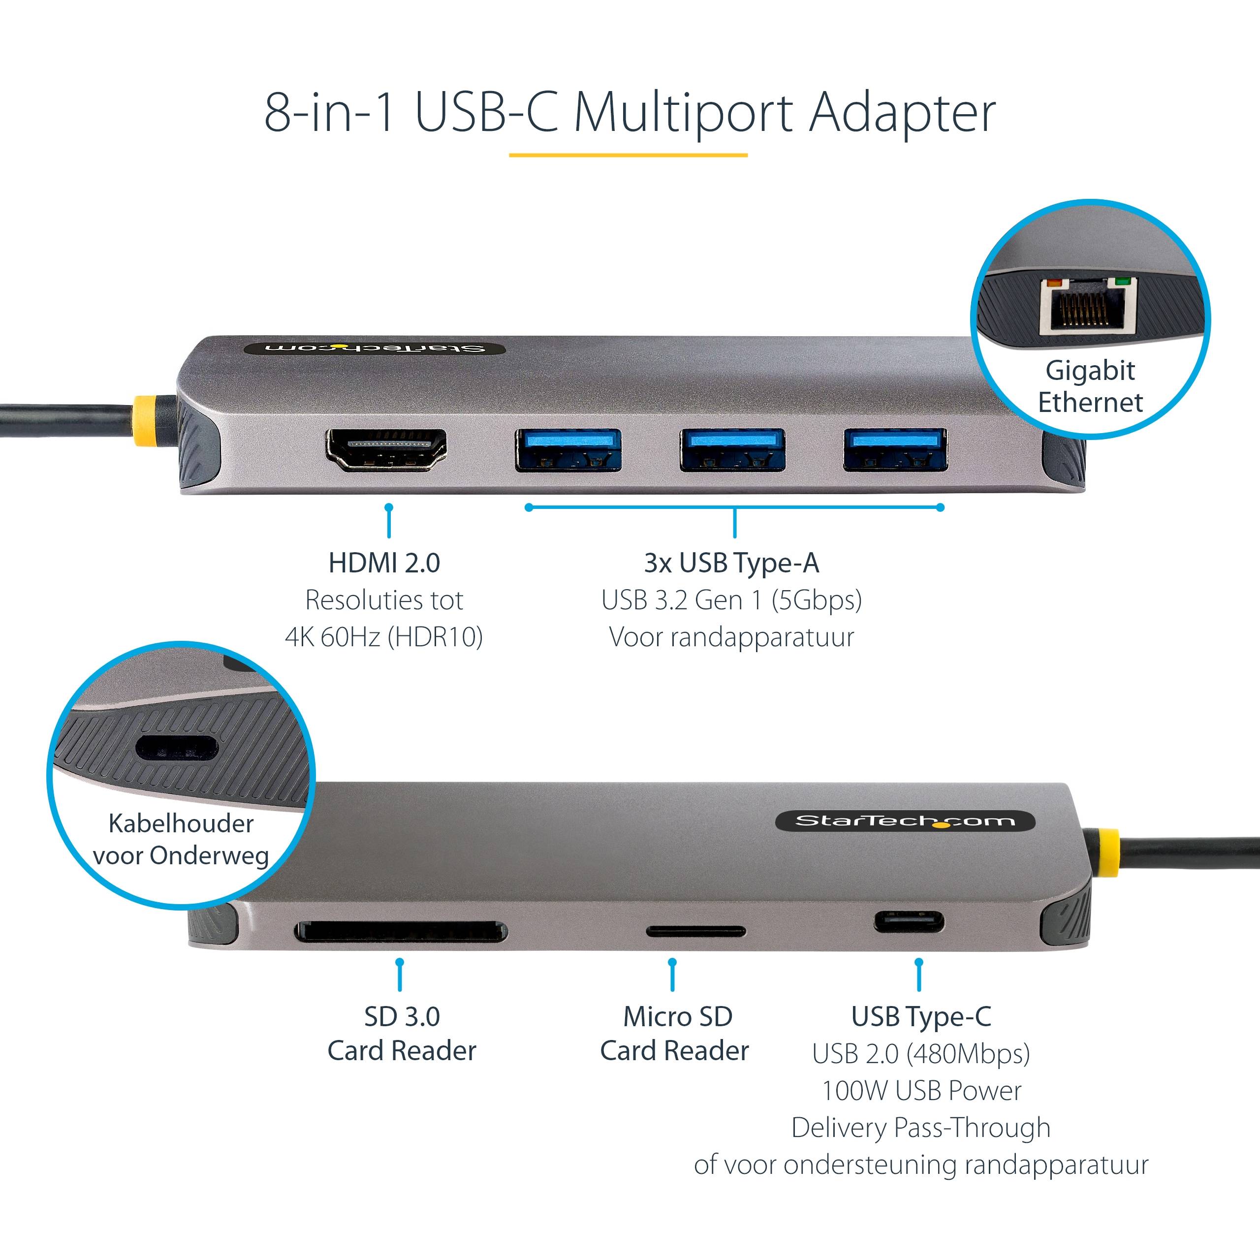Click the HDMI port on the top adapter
tap(385, 449)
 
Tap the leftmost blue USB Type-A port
tap(567, 449)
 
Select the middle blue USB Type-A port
tap(732, 449)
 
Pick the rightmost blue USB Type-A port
tap(895, 449)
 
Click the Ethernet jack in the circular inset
tap(1088, 305)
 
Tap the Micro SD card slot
tap(695, 931)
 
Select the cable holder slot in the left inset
tap(176, 748)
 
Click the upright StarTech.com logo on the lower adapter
tap(905, 821)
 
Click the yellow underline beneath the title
tap(628, 155)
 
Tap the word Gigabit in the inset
tap(1090, 371)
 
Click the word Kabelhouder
tap(181, 823)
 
